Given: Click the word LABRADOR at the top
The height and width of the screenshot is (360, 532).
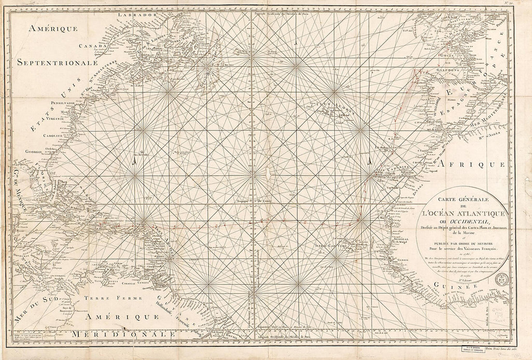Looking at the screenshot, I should pos(138,14).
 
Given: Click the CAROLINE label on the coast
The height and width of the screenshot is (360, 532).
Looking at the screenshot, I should pos(54,136).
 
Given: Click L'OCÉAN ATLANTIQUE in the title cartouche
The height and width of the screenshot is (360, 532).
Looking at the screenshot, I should pos(463,213).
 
